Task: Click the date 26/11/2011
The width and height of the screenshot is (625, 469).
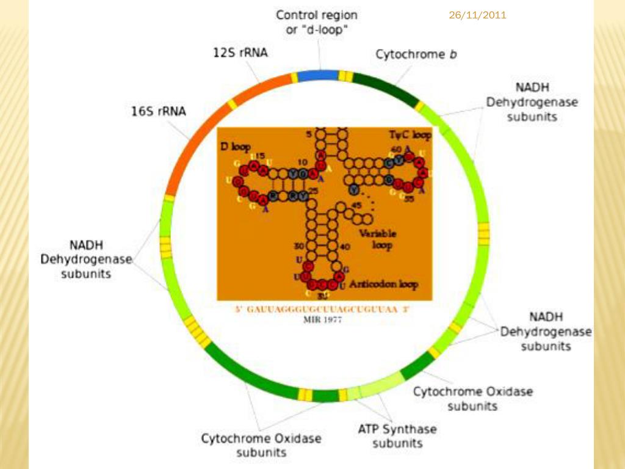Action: [x=477, y=15]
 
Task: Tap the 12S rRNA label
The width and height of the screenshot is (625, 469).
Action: [x=240, y=53]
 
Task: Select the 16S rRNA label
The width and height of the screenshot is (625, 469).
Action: [x=159, y=112]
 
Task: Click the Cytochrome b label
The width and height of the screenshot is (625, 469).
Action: [x=416, y=54]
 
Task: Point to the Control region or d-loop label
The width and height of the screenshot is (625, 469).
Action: [x=317, y=22]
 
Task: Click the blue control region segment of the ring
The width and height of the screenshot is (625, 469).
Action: [x=317, y=75]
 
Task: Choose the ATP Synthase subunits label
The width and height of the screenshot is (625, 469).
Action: [x=397, y=436]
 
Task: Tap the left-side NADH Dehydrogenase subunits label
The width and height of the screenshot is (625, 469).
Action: [x=85, y=260]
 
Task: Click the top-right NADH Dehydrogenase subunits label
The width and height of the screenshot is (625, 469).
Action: [x=532, y=101]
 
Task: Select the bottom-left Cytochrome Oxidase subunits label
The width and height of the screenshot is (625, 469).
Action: [x=261, y=445]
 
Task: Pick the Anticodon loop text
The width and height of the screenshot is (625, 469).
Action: [x=383, y=285]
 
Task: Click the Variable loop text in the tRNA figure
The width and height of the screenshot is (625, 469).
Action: [x=377, y=239]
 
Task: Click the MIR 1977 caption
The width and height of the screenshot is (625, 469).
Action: [x=322, y=319]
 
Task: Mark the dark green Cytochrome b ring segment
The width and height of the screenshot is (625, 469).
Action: [x=385, y=87]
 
